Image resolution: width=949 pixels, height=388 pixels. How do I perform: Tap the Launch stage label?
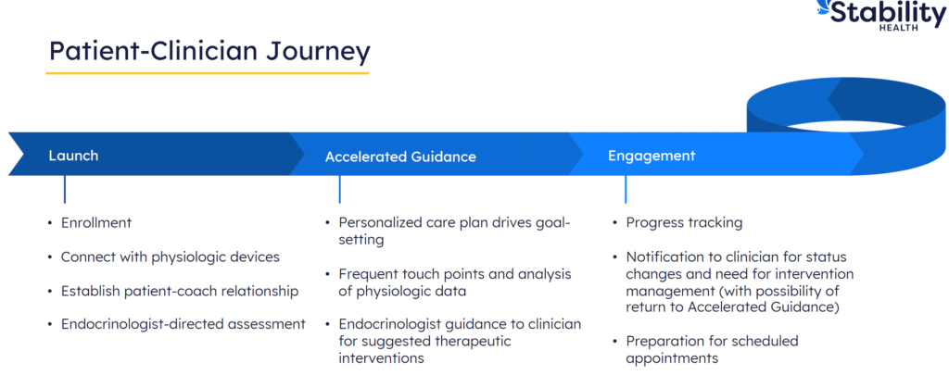tap(73, 155)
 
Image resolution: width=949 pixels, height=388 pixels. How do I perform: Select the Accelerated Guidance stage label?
tap(400, 156)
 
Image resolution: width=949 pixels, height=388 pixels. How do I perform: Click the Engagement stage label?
tap(652, 155)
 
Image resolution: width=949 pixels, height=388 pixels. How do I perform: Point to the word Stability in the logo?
tap(888, 13)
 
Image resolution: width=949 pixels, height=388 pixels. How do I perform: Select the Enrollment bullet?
tap(96, 222)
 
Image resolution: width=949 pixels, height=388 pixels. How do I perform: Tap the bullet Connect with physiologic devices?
tap(170, 257)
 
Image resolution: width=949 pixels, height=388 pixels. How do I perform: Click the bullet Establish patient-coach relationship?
tap(179, 291)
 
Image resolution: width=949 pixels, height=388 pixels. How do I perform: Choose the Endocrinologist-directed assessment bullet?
tap(183, 324)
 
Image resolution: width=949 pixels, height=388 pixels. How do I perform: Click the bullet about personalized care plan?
tap(454, 231)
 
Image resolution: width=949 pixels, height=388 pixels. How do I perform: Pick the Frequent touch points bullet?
tap(454, 282)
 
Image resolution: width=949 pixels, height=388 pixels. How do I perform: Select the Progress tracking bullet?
tap(684, 222)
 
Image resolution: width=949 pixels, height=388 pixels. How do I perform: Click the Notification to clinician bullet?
tap(739, 282)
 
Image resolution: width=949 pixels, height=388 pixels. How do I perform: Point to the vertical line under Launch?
tap(65, 189)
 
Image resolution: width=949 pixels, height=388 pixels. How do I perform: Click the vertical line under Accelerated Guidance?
tap(340, 189)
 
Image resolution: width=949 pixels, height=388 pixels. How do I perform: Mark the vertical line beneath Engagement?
tap(626, 189)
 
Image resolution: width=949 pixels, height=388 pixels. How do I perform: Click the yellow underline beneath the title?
tap(209, 72)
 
